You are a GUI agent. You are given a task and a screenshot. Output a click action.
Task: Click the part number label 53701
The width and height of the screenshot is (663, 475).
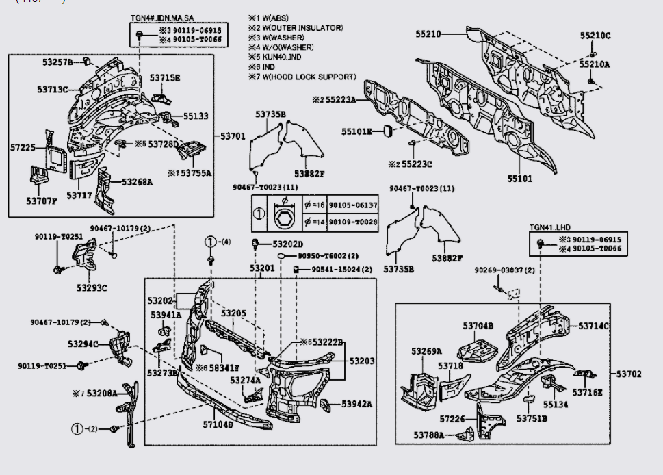[x=233, y=136]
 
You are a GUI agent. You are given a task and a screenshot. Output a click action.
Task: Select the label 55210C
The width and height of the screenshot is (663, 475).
[x=595, y=36]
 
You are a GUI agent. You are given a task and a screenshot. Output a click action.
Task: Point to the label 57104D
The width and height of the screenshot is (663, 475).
[x=218, y=424]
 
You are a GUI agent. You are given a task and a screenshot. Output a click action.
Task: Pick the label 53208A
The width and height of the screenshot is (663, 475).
[x=99, y=394]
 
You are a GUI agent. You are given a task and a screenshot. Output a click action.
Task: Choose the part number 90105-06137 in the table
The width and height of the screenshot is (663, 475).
[x=352, y=205]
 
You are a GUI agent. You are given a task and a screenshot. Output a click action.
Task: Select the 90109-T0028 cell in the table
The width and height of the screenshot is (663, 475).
[x=352, y=222]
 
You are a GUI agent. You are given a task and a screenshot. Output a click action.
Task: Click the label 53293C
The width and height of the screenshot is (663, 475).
[x=92, y=287]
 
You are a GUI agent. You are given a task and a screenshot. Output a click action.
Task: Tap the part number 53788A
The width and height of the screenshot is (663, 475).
[x=428, y=435]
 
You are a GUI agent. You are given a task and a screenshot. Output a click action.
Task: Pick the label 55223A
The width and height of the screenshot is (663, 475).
[x=341, y=99]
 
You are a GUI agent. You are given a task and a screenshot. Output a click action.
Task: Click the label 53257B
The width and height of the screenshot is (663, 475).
[x=57, y=62]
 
